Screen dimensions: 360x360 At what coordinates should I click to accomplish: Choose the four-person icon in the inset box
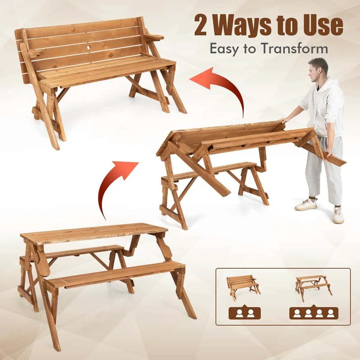point(313,312)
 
